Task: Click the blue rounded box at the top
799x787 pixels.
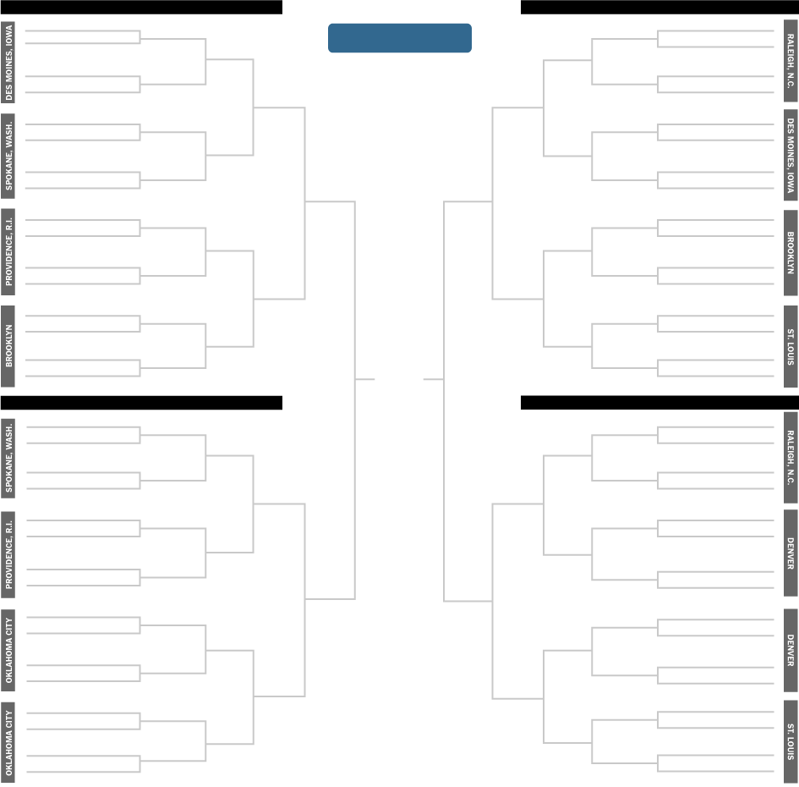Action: [399, 38]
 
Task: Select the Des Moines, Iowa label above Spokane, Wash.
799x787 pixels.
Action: [8, 62]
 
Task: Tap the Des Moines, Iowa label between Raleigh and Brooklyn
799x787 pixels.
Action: [791, 156]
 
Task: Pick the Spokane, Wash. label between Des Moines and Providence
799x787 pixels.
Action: [8, 157]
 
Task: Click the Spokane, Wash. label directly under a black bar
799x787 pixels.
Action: [8, 457]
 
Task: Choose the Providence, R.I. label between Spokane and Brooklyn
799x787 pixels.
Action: [8, 252]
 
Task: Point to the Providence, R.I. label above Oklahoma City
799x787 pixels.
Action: [8, 554]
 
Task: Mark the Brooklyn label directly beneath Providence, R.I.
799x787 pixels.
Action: [8, 346]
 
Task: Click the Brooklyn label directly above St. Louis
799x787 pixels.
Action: [791, 252]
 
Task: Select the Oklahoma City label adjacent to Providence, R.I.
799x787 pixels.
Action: [8, 650]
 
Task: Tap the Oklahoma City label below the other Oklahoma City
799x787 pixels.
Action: [8, 743]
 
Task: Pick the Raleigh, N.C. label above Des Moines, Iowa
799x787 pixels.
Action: [791, 61]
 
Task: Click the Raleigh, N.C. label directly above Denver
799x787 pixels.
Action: [791, 458]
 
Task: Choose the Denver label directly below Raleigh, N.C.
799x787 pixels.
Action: [791, 553]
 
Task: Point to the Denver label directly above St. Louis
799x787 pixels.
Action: [791, 650]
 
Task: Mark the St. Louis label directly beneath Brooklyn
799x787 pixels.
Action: [791, 346]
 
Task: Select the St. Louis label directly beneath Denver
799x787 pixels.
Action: [791, 742]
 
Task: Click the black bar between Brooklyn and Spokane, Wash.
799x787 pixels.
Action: [141, 403]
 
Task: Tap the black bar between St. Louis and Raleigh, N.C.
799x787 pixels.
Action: [659, 403]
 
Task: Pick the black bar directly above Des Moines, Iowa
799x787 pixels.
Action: [141, 7]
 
